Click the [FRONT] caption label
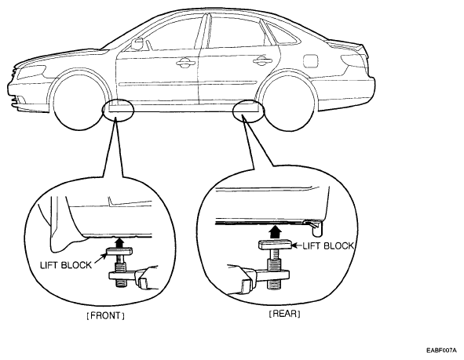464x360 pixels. coord(105,315)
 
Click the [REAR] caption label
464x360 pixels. coord(285,314)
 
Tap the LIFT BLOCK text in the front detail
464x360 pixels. coord(66,265)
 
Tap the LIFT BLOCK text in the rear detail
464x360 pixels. coord(328,246)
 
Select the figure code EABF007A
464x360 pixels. coord(441,351)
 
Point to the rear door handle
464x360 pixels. coord(262,60)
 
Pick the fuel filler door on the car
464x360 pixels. coord(311,60)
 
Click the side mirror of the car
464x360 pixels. coord(137,44)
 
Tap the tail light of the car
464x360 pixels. coord(353,60)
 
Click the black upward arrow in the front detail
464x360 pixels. coord(119,242)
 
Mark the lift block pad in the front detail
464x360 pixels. coord(119,251)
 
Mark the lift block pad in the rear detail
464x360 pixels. coord(276,245)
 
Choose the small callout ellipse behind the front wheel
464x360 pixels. coord(119,111)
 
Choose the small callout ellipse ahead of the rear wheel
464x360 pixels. coord(249,111)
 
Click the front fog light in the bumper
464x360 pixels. coord(20,100)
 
